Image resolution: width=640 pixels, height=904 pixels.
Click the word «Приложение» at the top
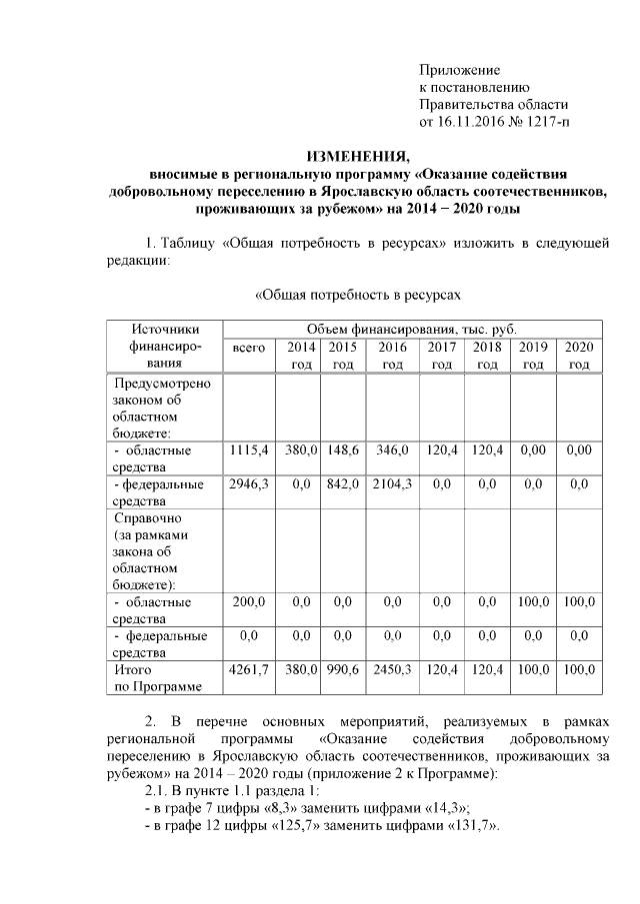(x=459, y=70)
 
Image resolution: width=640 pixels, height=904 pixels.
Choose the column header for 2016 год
(x=392, y=356)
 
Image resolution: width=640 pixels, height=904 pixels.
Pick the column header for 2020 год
(x=579, y=356)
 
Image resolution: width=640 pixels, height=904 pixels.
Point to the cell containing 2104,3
(x=392, y=484)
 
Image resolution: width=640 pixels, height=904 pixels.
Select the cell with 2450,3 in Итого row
(x=392, y=669)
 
